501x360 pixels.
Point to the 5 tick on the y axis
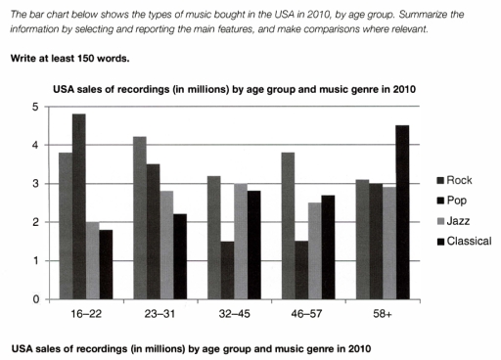click(37, 107)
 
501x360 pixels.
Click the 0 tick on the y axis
click(37, 299)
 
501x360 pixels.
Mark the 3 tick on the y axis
click(37, 184)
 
